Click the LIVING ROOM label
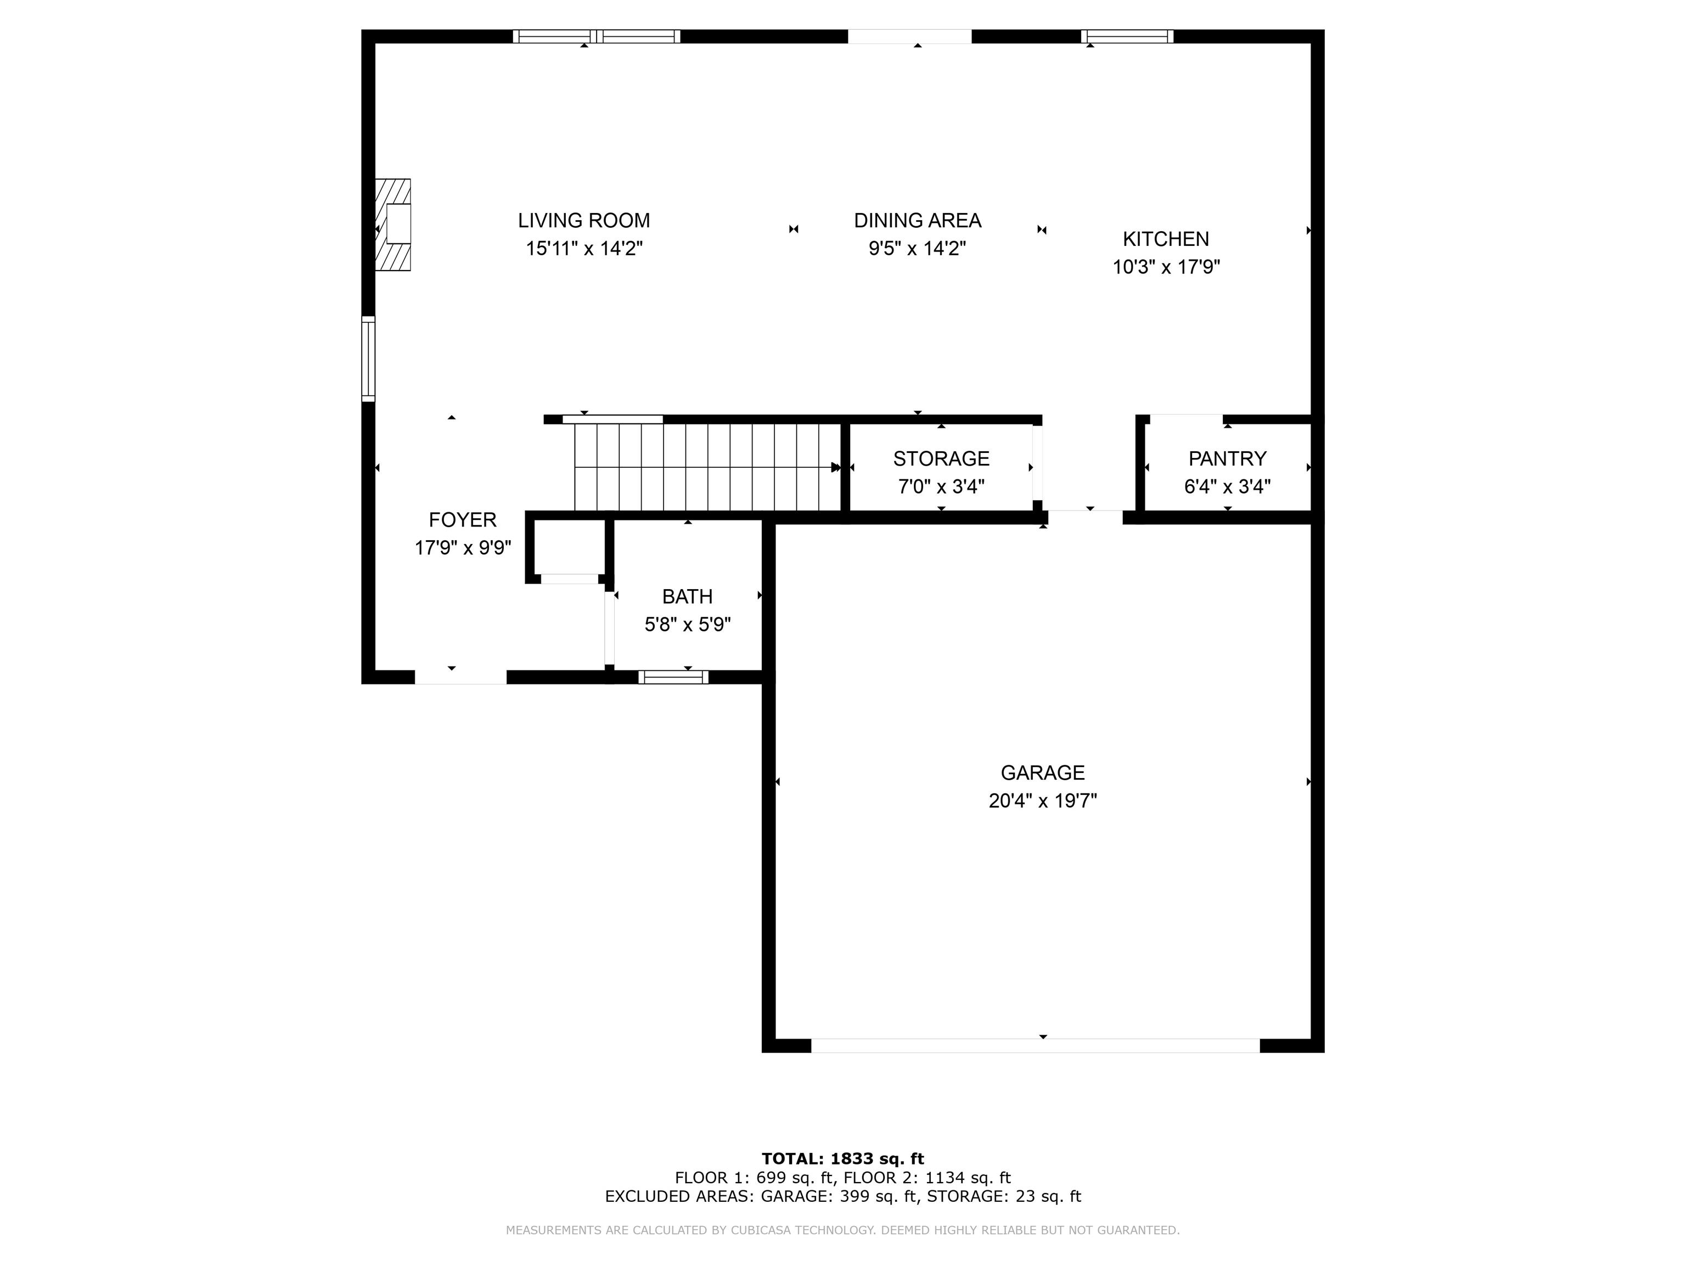[584, 220]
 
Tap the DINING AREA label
[917, 220]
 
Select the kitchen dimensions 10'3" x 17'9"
[1166, 267]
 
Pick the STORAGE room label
[941, 458]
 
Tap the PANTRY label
[1227, 458]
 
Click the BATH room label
[688, 596]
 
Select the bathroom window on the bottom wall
[673, 677]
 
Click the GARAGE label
[1043, 773]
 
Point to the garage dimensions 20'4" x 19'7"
[1043, 801]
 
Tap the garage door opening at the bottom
[1035, 1045]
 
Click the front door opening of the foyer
[460, 677]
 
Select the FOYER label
[463, 519]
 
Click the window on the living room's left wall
[368, 359]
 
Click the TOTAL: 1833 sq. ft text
[843, 1159]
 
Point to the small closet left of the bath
[569, 547]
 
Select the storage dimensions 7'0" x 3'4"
[941, 486]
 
